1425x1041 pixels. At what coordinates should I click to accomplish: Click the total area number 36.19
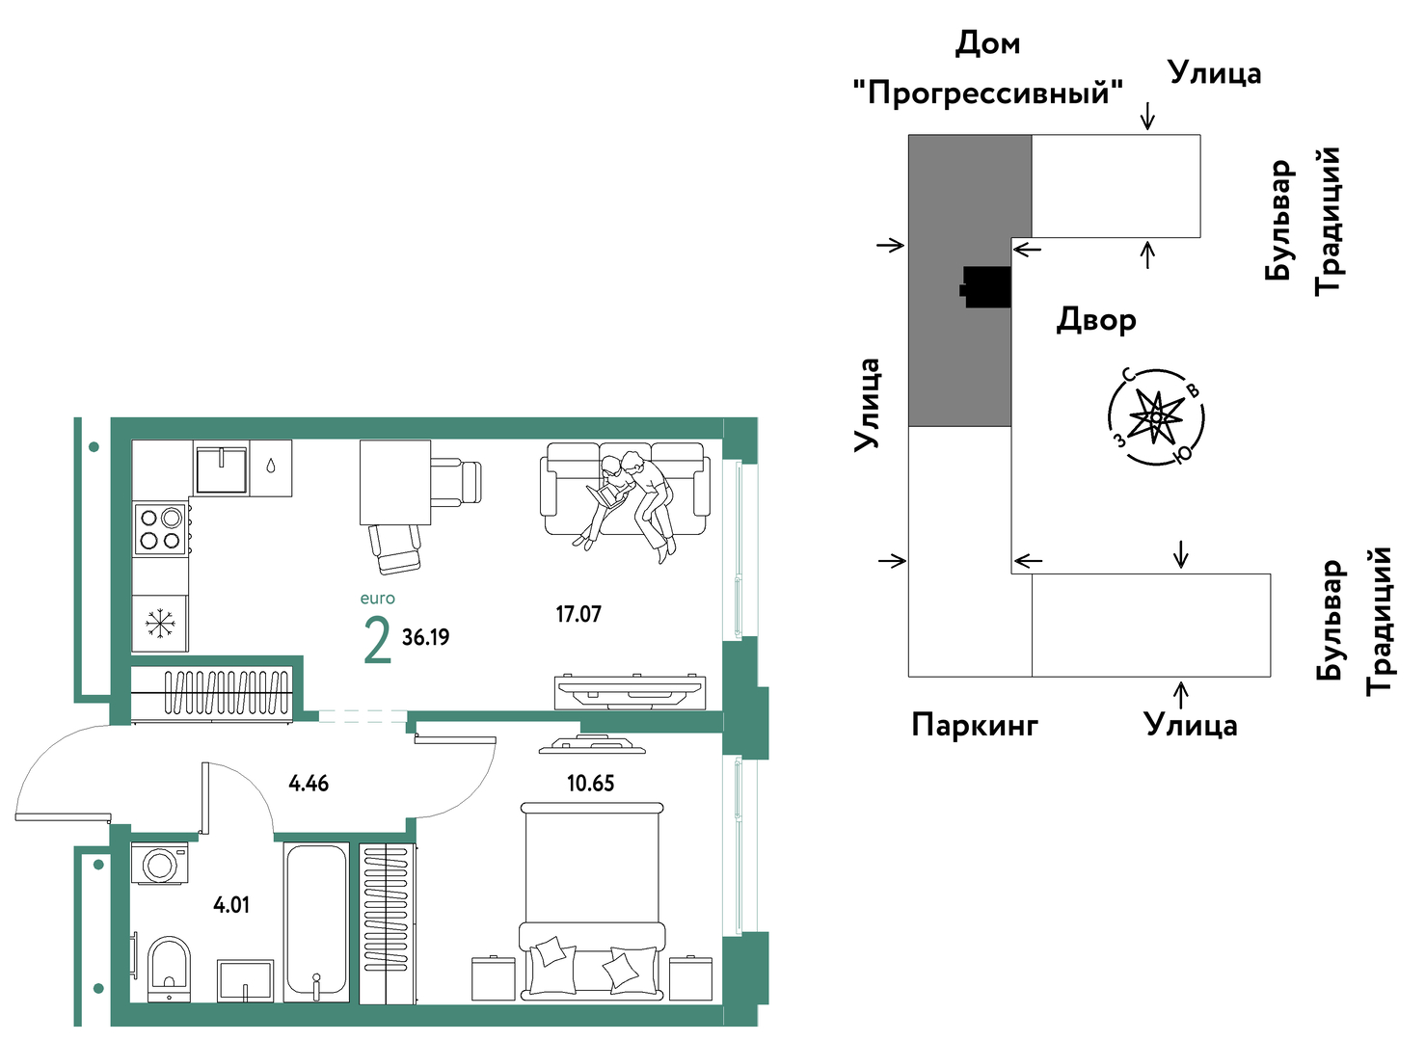(425, 636)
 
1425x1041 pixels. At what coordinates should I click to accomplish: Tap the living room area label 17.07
(578, 614)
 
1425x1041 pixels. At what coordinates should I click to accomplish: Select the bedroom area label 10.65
(590, 783)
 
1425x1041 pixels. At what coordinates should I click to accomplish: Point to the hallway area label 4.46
(309, 783)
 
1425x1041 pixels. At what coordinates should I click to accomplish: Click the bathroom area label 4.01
(231, 905)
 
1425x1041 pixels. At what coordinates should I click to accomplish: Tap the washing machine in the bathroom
(160, 863)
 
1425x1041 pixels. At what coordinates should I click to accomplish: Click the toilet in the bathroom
(169, 969)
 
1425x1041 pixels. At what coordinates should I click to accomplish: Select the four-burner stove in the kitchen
(160, 529)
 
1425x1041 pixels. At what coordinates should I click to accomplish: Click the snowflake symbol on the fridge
(160, 624)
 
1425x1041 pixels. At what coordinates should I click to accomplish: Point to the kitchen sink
(222, 469)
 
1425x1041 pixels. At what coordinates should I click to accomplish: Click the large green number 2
(377, 641)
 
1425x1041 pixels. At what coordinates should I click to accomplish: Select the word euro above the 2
(377, 599)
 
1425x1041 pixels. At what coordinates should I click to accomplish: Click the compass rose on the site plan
(1157, 417)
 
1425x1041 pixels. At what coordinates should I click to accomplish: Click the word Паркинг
(975, 724)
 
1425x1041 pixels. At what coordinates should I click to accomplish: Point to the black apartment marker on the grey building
(986, 287)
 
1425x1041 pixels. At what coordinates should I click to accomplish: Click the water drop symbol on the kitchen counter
(271, 467)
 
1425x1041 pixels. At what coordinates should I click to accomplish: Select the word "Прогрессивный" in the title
(987, 93)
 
